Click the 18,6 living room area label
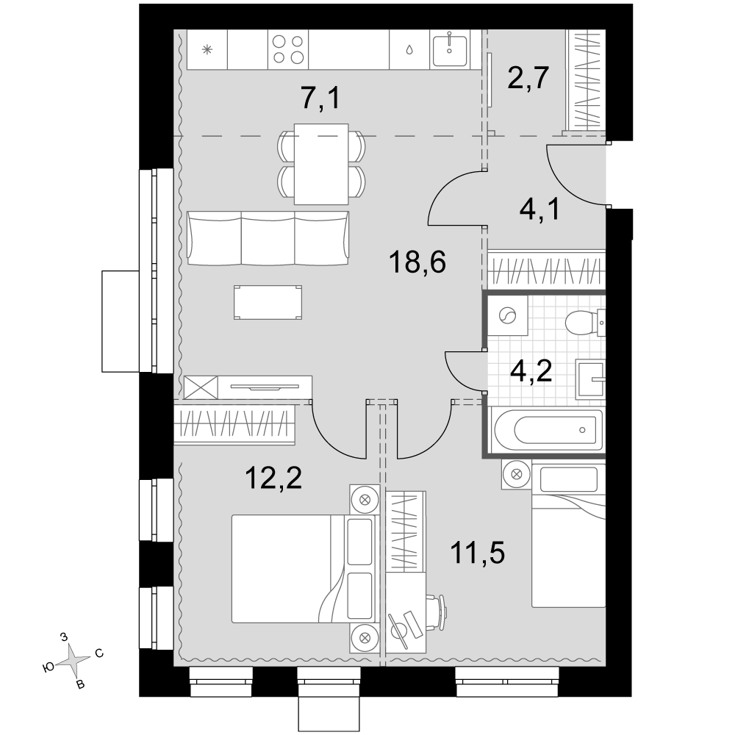[x=417, y=262]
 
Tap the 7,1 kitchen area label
[x=320, y=98]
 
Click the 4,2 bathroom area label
[x=531, y=371]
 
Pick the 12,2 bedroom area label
[x=273, y=478]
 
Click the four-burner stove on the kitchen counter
[x=288, y=49]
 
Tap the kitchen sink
[x=450, y=49]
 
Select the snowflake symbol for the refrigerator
[x=207, y=49]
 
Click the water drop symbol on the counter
[x=409, y=50]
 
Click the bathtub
[x=546, y=429]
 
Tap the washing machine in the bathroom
[x=507, y=316]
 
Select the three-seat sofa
[x=268, y=237]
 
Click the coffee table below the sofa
[x=268, y=302]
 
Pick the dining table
[x=321, y=164]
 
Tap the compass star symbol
[x=73, y=661]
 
